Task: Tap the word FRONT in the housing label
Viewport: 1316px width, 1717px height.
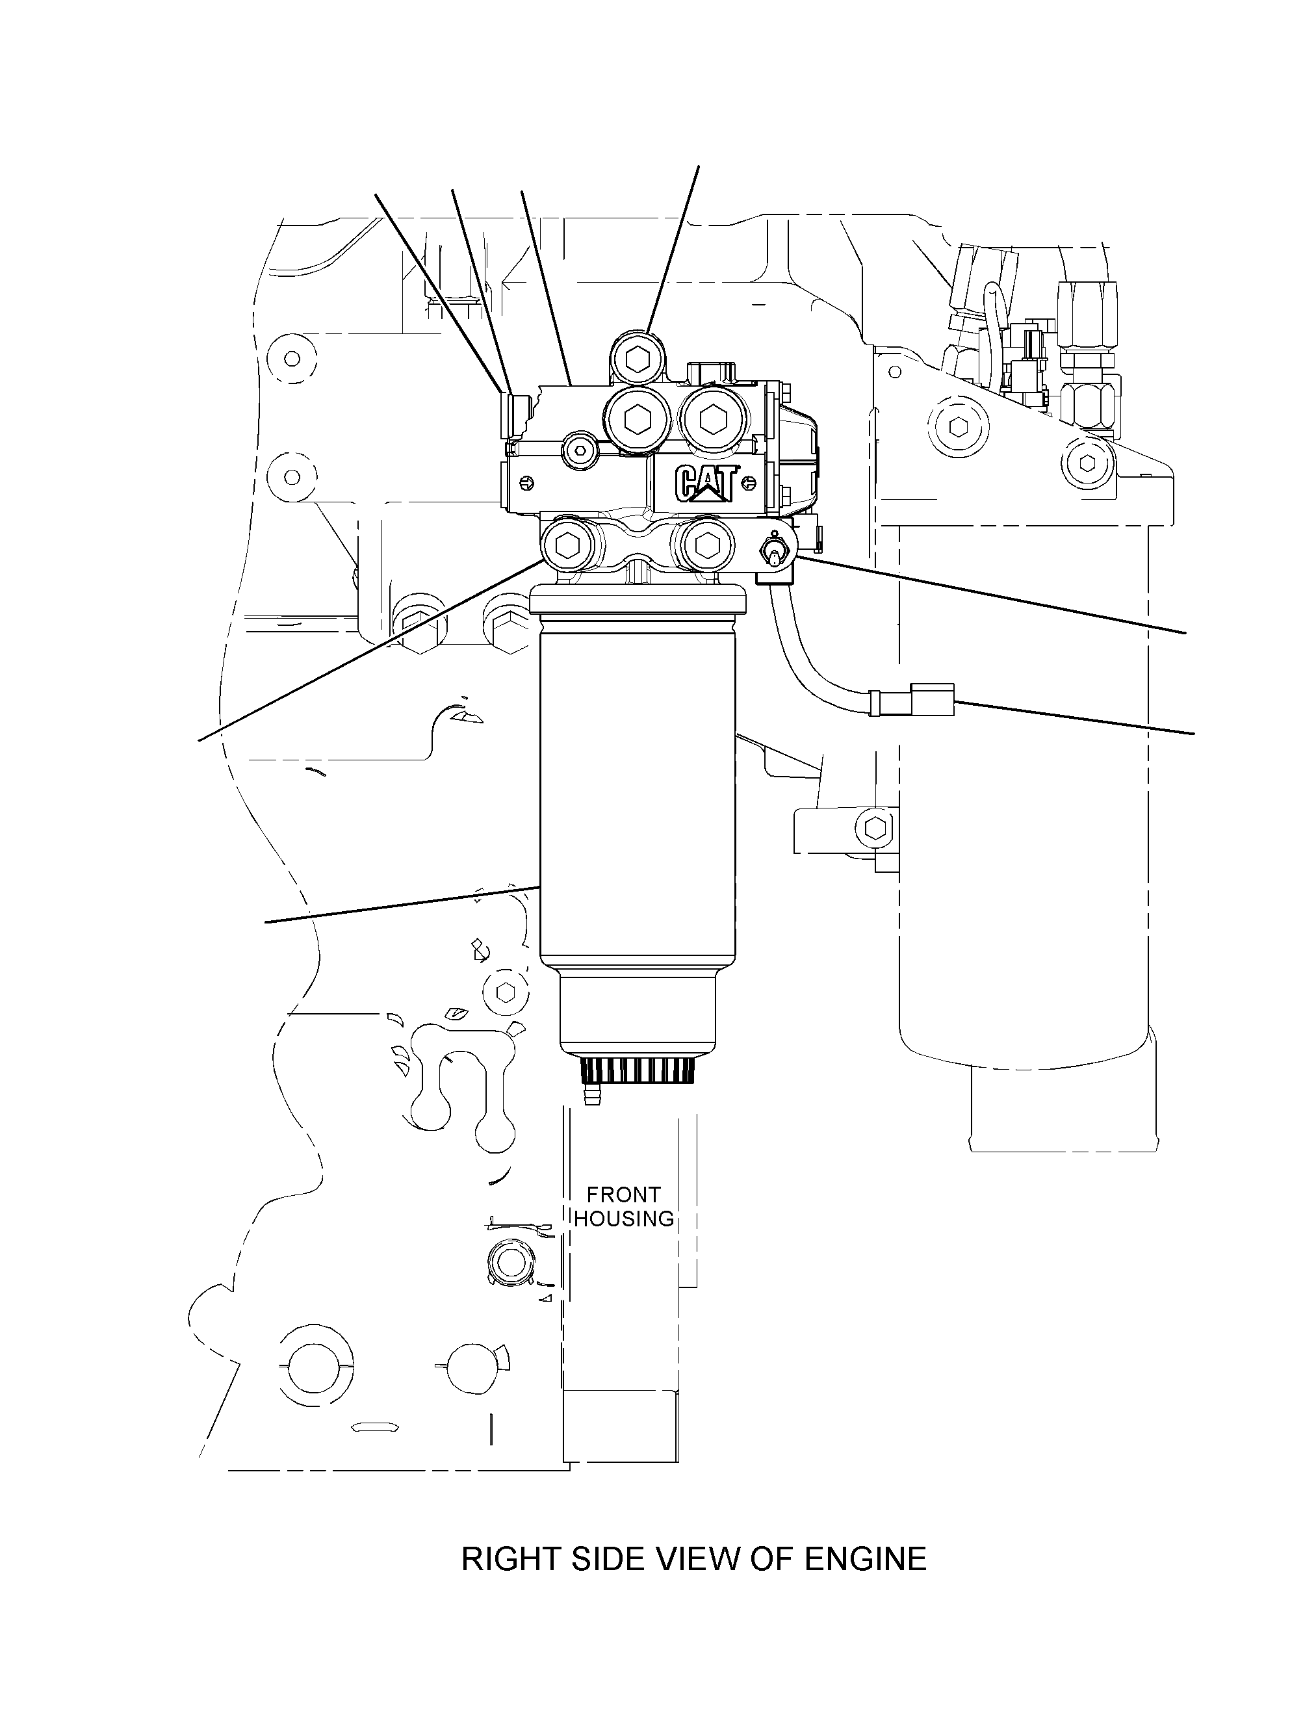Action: pos(623,1195)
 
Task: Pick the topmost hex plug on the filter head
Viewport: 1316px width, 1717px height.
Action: pos(638,358)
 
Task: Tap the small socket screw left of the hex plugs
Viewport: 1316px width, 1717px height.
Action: pos(579,450)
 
